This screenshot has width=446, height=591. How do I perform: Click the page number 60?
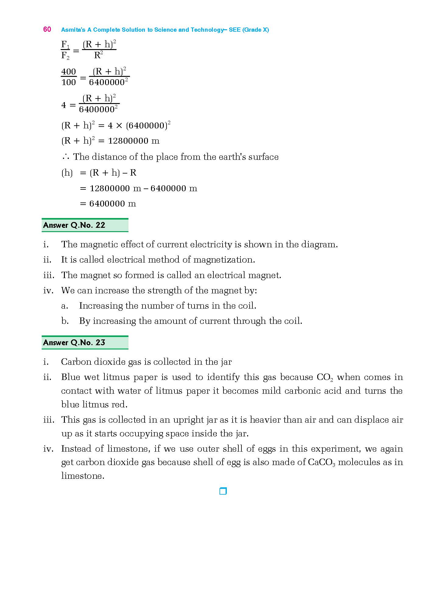[47, 29]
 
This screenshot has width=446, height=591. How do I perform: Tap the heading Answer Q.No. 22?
[74, 225]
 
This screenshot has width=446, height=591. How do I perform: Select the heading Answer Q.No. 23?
[74, 343]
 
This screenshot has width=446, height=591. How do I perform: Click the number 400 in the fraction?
[68, 72]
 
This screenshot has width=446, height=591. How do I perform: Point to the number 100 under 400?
[68, 82]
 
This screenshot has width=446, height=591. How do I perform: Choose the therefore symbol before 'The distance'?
[65, 157]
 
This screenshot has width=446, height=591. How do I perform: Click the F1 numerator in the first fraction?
[65, 45]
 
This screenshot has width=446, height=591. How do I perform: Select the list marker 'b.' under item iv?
[65, 321]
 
